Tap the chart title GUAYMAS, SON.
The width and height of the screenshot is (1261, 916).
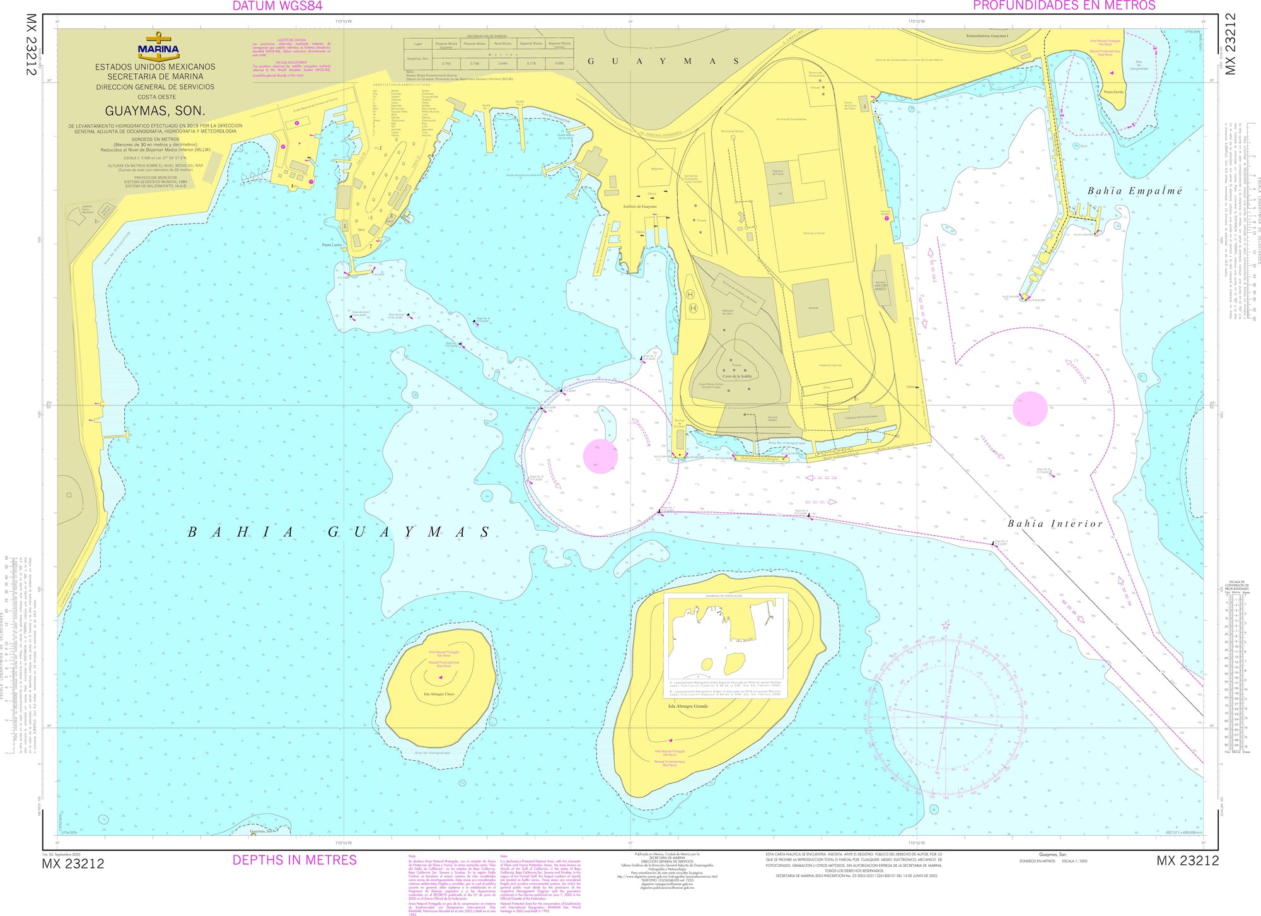154,111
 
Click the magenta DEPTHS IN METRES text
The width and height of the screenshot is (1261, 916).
294,860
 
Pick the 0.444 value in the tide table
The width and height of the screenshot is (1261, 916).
503,64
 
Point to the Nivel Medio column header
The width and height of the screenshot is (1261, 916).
503,44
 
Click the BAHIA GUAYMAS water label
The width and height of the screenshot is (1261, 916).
339,532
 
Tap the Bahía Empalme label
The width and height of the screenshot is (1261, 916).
1134,191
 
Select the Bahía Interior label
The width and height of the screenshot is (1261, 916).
1055,524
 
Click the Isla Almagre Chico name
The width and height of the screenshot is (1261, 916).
439,694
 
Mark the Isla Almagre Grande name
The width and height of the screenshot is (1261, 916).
688,707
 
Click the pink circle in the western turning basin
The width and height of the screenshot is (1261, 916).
600,456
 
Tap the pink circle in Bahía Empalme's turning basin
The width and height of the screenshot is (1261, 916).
1030,409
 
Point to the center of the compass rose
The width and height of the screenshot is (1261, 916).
945,717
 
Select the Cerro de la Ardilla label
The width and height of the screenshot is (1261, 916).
737,376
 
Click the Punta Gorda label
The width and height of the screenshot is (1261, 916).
1113,92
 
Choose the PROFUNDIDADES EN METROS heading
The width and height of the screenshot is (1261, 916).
1064,6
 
